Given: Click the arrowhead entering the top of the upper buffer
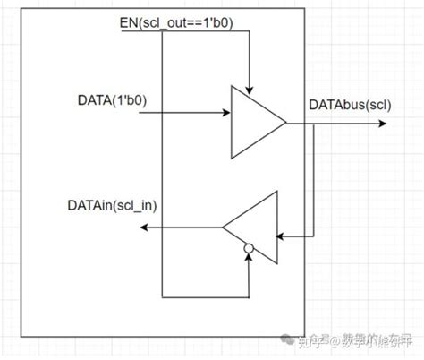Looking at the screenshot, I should click(251, 90).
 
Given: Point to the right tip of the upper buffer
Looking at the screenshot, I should click(286, 123).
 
